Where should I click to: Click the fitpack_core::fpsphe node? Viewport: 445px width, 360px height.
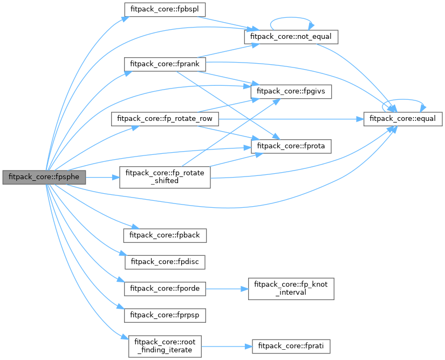point(43,177)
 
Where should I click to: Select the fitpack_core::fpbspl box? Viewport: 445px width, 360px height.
point(158,10)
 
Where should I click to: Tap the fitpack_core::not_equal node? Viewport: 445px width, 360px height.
point(291,37)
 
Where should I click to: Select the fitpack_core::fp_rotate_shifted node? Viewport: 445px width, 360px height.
point(165,177)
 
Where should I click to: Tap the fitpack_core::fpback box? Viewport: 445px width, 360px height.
point(165,235)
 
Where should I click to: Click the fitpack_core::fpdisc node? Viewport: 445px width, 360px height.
point(165,262)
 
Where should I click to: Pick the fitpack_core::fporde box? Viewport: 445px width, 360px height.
point(165,288)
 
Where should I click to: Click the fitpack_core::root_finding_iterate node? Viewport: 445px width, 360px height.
point(165,345)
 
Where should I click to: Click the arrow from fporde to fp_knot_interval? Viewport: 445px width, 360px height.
point(227,288)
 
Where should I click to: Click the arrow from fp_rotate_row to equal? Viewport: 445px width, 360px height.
point(291,119)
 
